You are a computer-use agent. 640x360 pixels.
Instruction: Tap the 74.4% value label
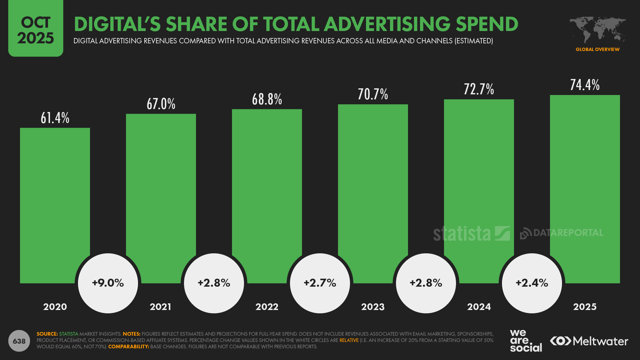(585, 85)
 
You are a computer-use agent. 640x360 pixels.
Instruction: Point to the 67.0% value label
(161, 104)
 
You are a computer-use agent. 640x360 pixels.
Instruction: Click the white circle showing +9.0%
(108, 283)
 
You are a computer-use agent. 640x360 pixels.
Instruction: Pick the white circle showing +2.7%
(320, 283)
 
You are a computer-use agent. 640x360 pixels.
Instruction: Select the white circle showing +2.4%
(532, 283)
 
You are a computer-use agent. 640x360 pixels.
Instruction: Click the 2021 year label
(160, 307)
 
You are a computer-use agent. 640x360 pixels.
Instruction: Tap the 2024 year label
(479, 307)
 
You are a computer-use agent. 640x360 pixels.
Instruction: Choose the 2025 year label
(585, 307)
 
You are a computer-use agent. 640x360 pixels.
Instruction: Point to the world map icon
(597, 30)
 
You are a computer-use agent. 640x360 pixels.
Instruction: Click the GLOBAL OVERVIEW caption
(597, 49)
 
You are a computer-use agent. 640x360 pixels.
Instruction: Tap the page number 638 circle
(19, 341)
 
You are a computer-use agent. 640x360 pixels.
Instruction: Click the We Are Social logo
(526, 341)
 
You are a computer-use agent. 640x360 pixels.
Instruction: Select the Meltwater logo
(589, 341)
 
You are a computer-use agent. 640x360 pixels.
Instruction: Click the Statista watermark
(471, 233)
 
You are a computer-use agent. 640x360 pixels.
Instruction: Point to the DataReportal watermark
(562, 233)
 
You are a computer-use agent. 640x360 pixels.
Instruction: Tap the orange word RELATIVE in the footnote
(349, 340)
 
